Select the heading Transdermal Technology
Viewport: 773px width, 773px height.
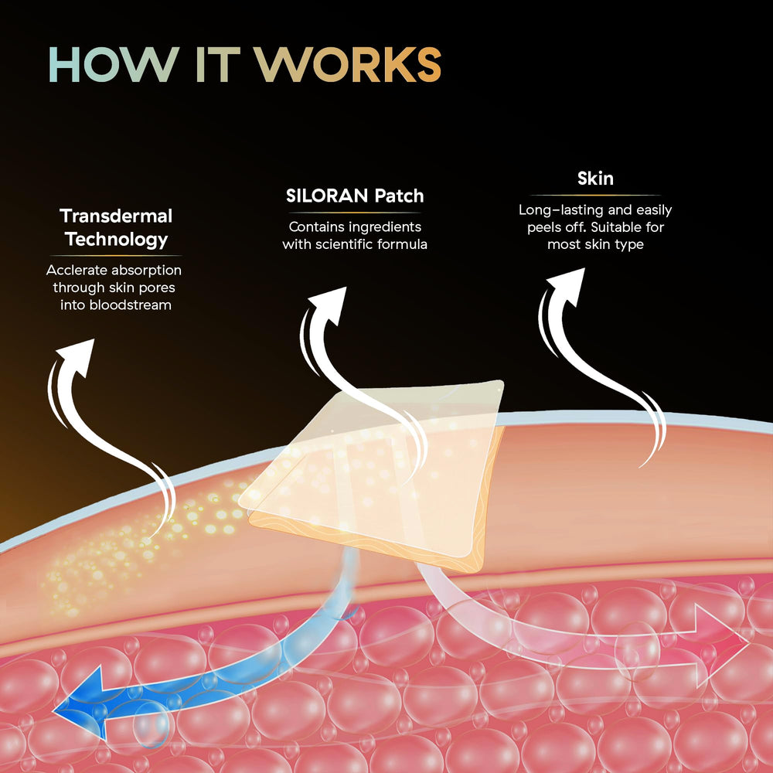pyautogui.click(x=116, y=227)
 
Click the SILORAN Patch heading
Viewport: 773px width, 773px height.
pyautogui.click(x=355, y=196)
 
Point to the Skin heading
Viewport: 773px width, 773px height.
pyautogui.click(x=595, y=179)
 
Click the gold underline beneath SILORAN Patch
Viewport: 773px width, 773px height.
pyautogui.click(x=355, y=213)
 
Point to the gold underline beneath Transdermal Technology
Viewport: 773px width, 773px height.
pyautogui.click(x=116, y=255)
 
